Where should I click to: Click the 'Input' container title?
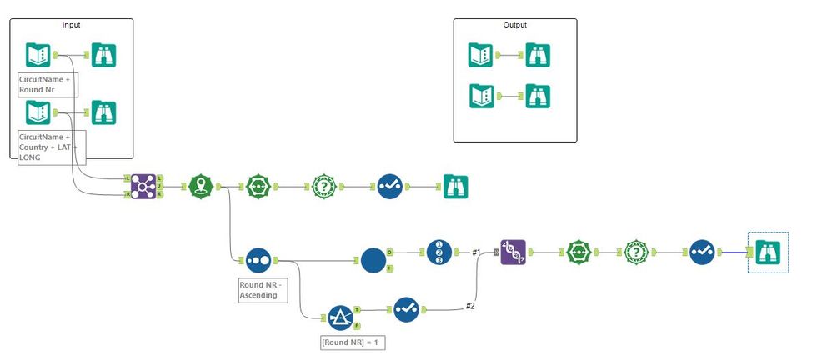click(72, 25)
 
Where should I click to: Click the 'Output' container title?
click(514, 25)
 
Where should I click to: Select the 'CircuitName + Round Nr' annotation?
click(48, 85)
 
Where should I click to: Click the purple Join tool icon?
click(143, 187)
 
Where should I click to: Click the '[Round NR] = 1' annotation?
click(353, 342)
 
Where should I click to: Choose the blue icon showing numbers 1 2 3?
click(439, 252)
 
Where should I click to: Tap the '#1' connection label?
click(476, 251)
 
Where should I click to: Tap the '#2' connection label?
click(470, 306)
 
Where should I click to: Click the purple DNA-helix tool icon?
click(513, 252)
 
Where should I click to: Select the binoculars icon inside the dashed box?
click(767, 252)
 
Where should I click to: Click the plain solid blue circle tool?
click(373, 260)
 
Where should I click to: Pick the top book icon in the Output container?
click(481, 56)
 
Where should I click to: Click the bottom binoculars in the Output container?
click(537, 96)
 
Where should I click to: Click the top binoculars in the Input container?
click(103, 56)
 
